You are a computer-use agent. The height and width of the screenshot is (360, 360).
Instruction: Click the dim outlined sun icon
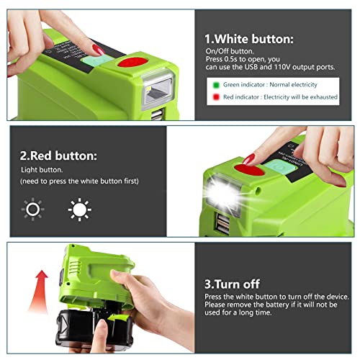(x=33, y=210)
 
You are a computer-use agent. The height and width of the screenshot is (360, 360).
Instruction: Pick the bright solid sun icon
(x=78, y=210)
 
